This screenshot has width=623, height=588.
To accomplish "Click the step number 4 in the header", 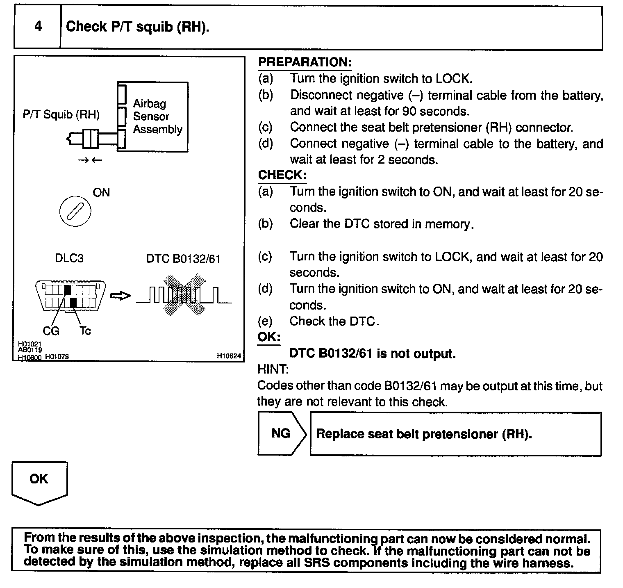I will click(x=38, y=27).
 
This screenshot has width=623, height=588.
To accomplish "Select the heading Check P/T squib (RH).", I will click(x=138, y=27).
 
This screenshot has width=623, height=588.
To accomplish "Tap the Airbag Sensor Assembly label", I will click(x=157, y=116).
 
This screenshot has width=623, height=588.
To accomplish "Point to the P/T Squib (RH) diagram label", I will click(x=61, y=114).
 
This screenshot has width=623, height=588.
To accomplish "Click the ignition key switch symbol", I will click(x=75, y=212).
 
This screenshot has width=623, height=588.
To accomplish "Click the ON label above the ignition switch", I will click(x=101, y=192).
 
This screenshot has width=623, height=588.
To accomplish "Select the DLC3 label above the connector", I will click(x=69, y=258).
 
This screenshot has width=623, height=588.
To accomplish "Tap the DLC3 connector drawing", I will click(x=70, y=296).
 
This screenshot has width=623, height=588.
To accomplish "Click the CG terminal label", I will click(x=51, y=330).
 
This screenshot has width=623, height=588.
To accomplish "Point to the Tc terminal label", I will click(x=85, y=330).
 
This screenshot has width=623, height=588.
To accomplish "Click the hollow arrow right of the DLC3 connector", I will click(x=121, y=296).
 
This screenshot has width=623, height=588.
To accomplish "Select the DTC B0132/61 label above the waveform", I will click(x=183, y=259).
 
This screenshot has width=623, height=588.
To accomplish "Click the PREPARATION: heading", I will click(x=305, y=62).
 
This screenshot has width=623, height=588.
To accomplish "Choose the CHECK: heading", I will click(x=282, y=175).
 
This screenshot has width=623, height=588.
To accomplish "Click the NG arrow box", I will click(x=282, y=434).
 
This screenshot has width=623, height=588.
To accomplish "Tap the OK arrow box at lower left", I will click(x=39, y=482).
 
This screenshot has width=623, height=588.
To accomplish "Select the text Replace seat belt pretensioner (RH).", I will click(x=424, y=434).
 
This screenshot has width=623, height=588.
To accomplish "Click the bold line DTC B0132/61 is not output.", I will click(x=372, y=353).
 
